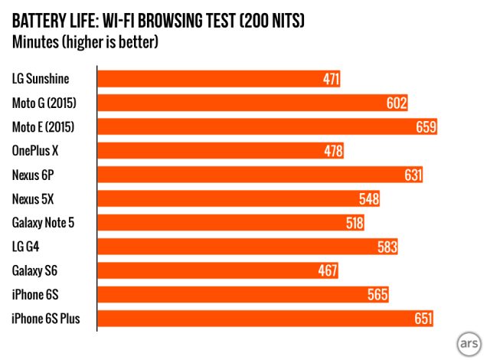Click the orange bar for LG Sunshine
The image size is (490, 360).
click(x=214, y=78)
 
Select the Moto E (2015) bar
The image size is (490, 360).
click(x=260, y=126)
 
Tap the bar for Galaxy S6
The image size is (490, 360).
click(x=214, y=270)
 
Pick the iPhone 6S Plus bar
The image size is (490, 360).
click(x=260, y=319)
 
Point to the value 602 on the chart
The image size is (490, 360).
click(x=397, y=103)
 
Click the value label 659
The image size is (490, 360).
click(x=426, y=126)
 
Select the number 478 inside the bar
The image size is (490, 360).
click(x=333, y=151)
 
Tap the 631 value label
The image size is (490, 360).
click(x=413, y=175)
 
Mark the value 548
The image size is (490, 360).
click(x=369, y=199)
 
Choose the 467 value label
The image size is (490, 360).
click(x=327, y=270)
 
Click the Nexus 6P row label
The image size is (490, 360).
click(x=33, y=175)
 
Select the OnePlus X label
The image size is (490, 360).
click(x=35, y=151)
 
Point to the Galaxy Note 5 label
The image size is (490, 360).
click(x=44, y=223)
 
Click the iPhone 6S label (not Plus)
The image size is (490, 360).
click(x=34, y=295)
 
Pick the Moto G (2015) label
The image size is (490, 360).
click(x=43, y=103)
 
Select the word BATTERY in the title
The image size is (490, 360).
click(x=39, y=21)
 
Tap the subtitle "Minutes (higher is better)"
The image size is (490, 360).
click(x=85, y=41)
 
